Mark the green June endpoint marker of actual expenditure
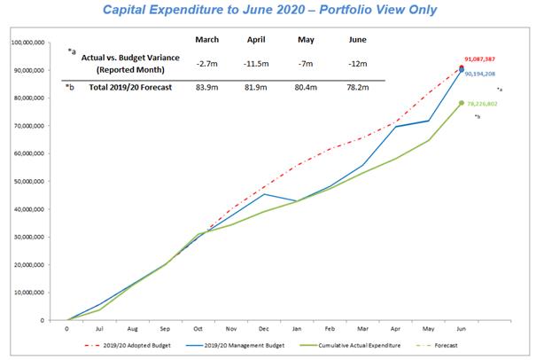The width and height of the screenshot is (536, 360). point(462,103)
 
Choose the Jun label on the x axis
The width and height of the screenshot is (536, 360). point(462,328)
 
